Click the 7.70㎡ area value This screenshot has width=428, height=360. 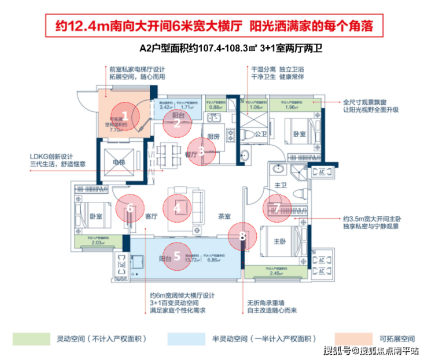coord(117,131)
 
